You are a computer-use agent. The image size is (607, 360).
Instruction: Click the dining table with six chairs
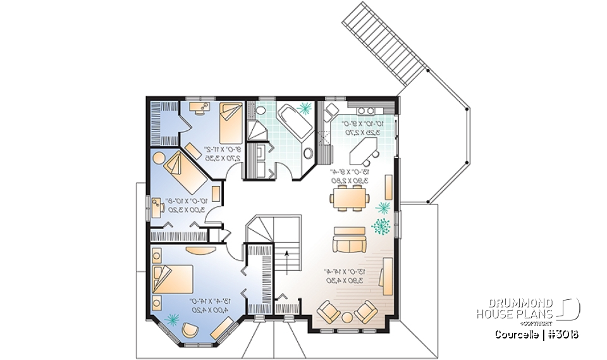pyautogui.click(x=349, y=198)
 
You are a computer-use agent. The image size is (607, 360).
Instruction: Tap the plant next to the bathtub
pyautogui.click(x=304, y=108)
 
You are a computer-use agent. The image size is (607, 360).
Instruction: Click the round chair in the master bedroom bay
pyautogui.click(x=190, y=329)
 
